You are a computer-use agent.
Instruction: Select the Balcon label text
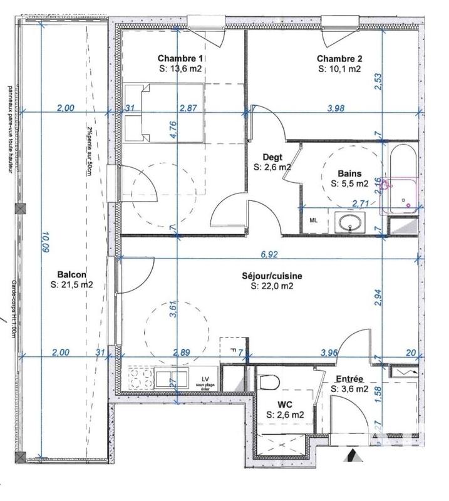(71, 274)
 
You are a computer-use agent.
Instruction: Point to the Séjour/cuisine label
(272, 275)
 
